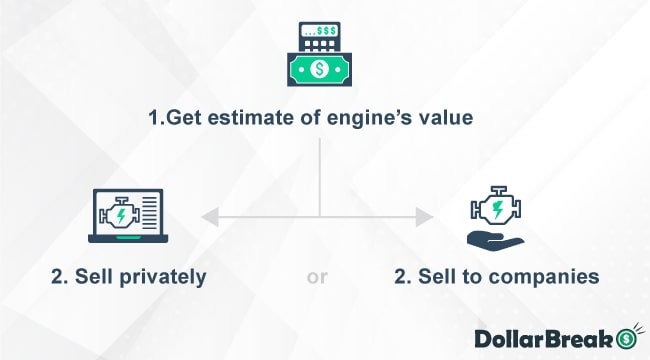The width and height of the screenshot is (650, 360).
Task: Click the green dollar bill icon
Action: point(320,71)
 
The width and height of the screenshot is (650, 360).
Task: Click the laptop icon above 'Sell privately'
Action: point(126,216)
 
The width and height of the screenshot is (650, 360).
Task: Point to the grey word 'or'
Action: point(317,277)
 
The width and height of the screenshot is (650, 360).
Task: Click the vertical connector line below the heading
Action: point(320,175)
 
